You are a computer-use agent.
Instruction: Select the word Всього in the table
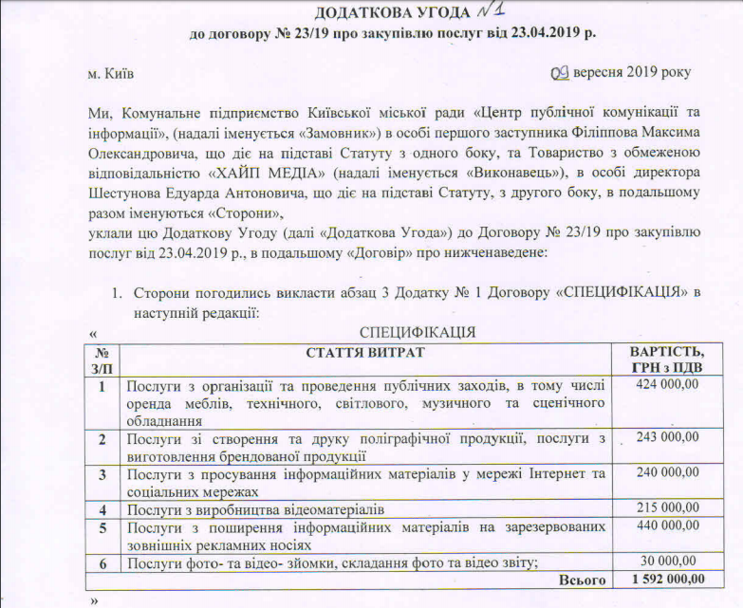(x=583, y=579)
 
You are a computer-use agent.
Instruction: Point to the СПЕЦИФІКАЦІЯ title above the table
(x=418, y=332)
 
